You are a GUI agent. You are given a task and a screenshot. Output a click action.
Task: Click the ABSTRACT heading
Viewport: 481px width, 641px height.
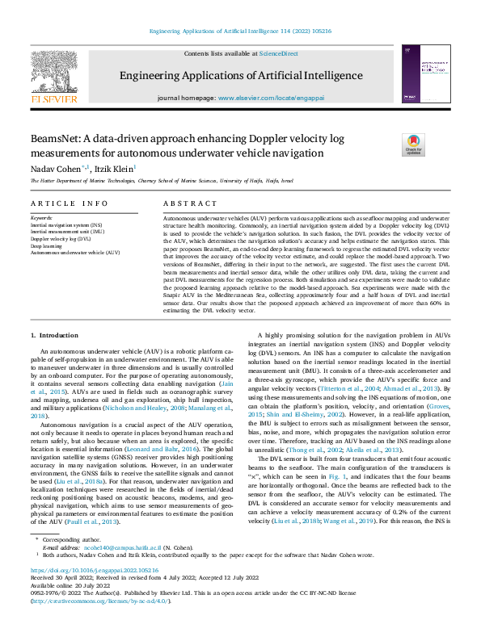pyautogui.click(x=190, y=204)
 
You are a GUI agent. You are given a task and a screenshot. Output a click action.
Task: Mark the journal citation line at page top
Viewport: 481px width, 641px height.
pyautogui.click(x=240, y=32)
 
